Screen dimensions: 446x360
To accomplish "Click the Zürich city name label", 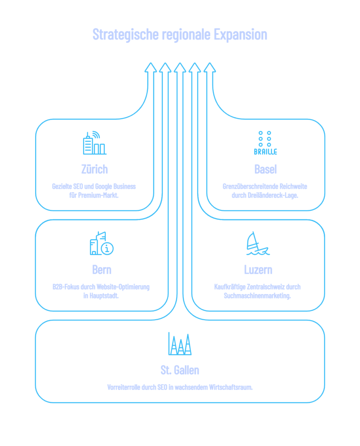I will click(x=94, y=169).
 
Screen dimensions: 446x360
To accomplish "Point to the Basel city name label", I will click(x=266, y=169).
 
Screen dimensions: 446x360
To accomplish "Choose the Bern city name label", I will click(x=101, y=270).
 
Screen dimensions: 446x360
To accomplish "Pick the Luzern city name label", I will click(x=258, y=270).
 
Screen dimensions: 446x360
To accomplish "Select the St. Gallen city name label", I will click(x=180, y=370).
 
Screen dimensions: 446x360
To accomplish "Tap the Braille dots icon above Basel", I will click(x=265, y=138).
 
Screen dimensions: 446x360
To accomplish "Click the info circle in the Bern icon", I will click(x=107, y=249).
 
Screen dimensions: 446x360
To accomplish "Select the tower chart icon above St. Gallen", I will click(x=180, y=344).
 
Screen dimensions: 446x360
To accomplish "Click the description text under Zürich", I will click(x=94, y=191).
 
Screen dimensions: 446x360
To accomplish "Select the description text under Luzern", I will click(x=257, y=291).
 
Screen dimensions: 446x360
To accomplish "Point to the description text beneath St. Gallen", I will click(x=180, y=387).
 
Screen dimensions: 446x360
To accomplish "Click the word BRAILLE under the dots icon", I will click(x=266, y=152).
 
